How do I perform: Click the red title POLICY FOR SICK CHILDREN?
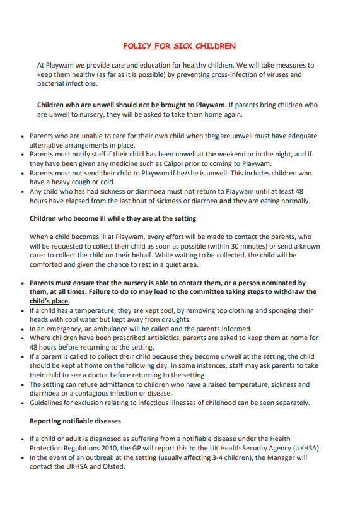[180, 46]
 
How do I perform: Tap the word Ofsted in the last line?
[115, 466]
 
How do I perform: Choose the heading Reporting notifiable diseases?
[75, 421]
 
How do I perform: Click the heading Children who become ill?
[113, 218]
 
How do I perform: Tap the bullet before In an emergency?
[23, 329]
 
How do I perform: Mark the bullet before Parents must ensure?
[23, 284]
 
